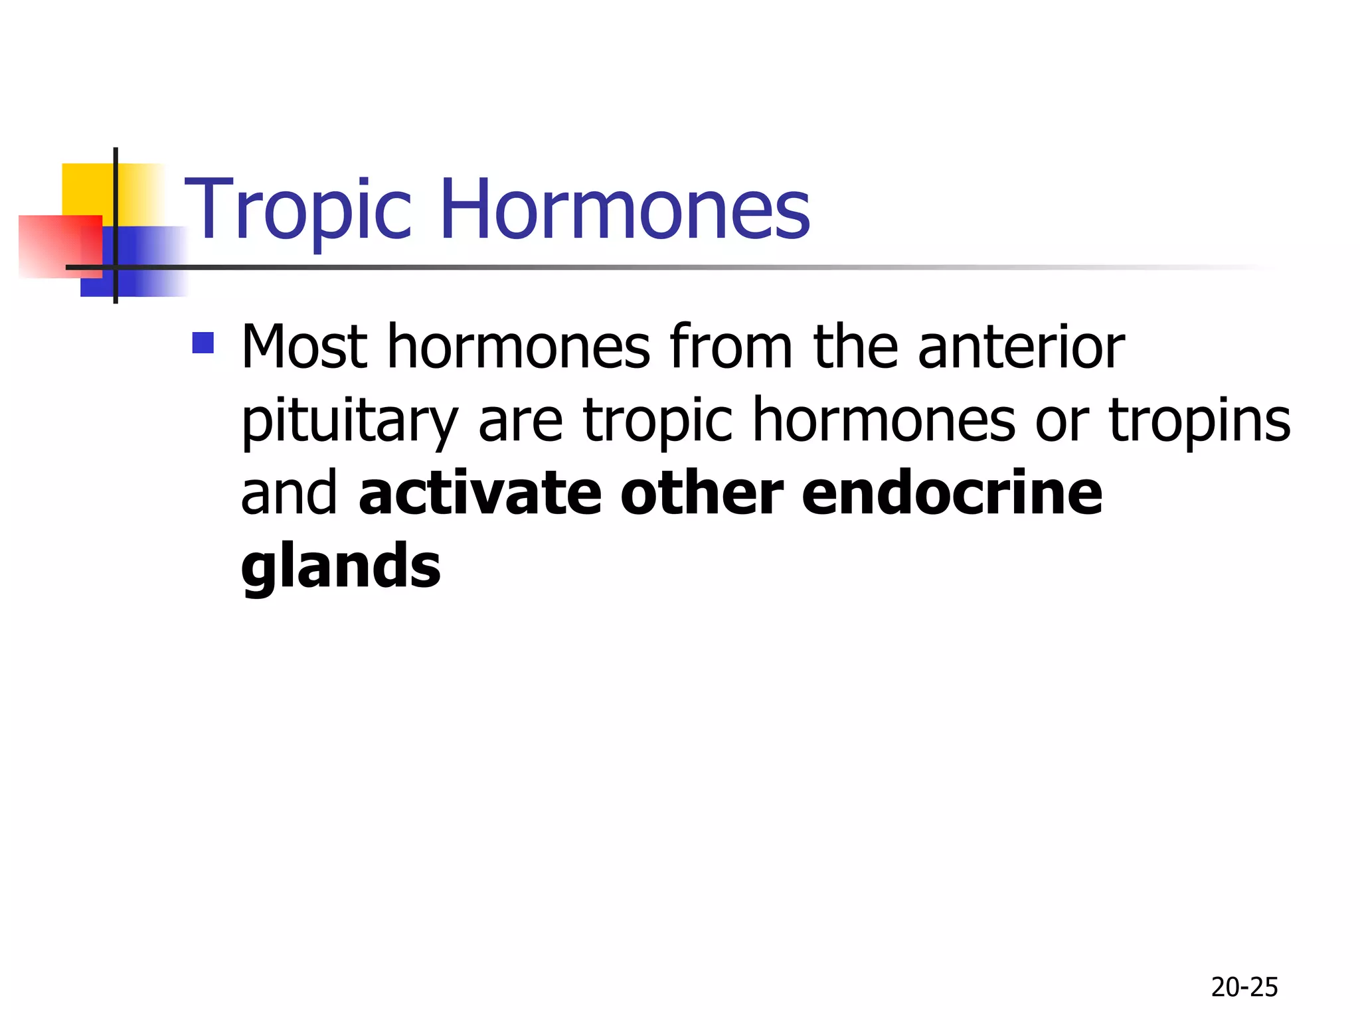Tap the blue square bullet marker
[203, 343]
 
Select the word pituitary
[349, 422]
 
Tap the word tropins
[1199, 422]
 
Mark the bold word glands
[341, 566]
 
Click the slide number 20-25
[1244, 987]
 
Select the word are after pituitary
[520, 422]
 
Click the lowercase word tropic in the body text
[658, 422]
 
